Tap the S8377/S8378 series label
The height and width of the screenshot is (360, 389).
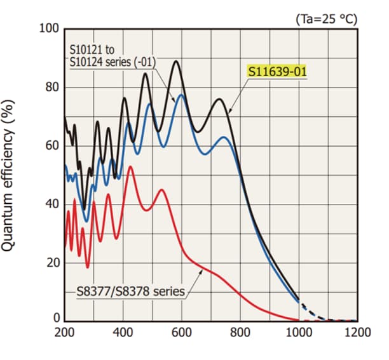pyautogui.click(x=130, y=291)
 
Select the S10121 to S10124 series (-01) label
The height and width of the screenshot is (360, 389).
pyautogui.click(x=113, y=55)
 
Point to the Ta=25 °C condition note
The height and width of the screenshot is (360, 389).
pyautogui.click(x=326, y=19)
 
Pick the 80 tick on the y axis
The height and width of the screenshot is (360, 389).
pyautogui.click(x=51, y=87)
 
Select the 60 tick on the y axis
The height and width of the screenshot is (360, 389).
pyautogui.click(x=51, y=145)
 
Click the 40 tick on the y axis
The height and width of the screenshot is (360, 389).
pyautogui.click(x=51, y=204)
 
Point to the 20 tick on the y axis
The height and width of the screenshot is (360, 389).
pyautogui.click(x=51, y=263)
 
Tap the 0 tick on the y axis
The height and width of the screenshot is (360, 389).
pyautogui.click(x=55, y=318)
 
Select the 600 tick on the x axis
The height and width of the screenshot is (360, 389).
pyautogui.click(x=182, y=332)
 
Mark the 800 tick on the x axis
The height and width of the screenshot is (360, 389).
pyautogui.click(x=240, y=332)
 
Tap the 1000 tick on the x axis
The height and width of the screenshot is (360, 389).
pyautogui.click(x=299, y=332)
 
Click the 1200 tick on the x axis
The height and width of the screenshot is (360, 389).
pyautogui.click(x=357, y=332)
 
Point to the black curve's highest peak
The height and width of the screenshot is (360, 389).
pyautogui.click(x=175, y=62)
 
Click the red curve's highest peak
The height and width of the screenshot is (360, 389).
pyautogui.click(x=130, y=167)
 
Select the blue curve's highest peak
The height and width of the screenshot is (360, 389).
pyautogui.click(x=182, y=95)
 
